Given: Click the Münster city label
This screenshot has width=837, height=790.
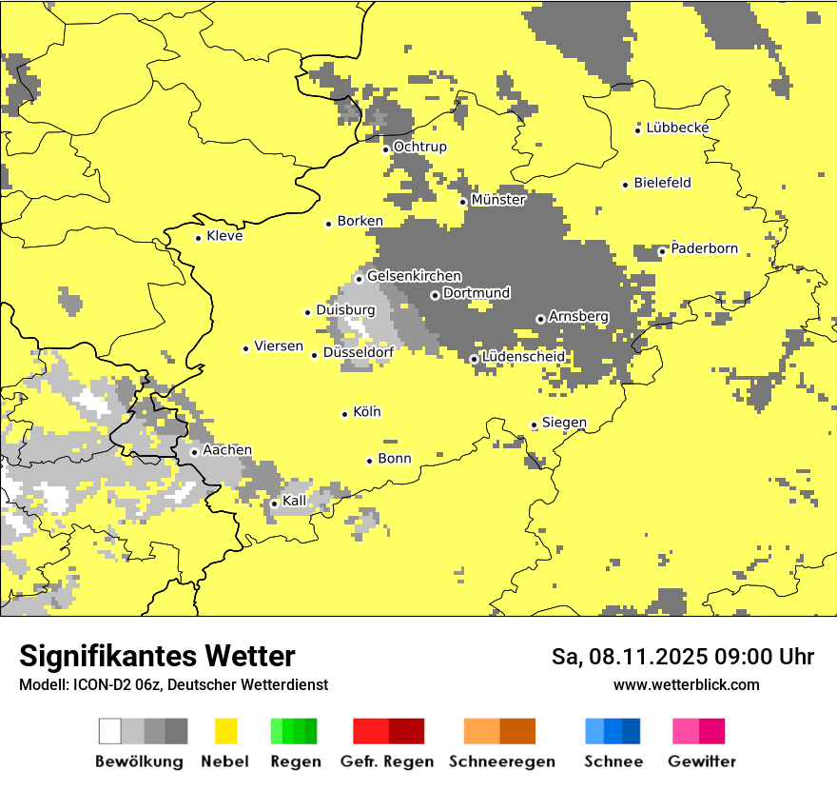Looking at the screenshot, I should tap(498, 200).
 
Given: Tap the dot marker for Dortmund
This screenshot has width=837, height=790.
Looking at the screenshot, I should tap(435, 295).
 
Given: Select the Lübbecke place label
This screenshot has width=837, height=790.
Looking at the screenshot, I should tap(677, 128).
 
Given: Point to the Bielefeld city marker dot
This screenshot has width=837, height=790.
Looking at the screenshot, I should tap(626, 185).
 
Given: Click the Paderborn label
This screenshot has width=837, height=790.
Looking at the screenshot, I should tap(704, 248).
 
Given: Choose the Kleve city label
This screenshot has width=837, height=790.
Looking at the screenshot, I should tap(224, 236).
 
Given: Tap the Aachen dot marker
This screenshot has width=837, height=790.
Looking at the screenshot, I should tap(194, 452).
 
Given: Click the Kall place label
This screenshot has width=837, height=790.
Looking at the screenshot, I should tap(295, 501).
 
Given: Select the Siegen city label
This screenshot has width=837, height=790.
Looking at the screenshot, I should tap(564, 423).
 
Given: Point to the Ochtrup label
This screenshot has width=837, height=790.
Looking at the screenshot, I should tap(419, 147).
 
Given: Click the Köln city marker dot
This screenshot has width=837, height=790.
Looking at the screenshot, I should tap(345, 414).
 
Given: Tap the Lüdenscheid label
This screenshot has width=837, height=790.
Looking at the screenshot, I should tap(523, 356).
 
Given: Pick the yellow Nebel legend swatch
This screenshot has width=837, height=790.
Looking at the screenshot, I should tap(225, 731).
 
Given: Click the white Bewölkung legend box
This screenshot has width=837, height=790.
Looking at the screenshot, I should tap(110, 731).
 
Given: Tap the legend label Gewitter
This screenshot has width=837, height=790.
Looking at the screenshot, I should tap(701, 761).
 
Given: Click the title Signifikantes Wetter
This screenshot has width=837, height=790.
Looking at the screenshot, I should tap(157, 656).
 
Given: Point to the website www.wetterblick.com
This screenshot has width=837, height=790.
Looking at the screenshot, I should tap(686, 684).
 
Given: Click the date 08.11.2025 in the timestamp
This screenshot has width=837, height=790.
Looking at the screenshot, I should tap(635, 657).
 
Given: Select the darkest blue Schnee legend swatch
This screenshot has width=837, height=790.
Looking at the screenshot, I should tap(632, 731).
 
